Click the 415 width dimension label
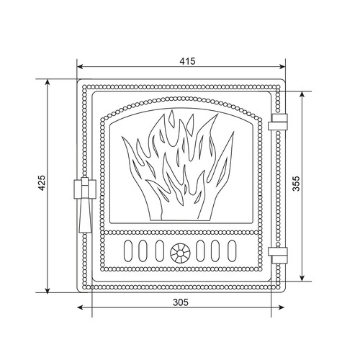(x=187, y=61)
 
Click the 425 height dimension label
(x=42, y=183)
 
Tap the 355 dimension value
(x=297, y=184)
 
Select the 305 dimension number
(x=181, y=302)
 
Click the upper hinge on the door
(x=278, y=122)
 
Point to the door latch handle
(x=85, y=204)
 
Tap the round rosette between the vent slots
(x=180, y=252)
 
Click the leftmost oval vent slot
(x=128, y=251)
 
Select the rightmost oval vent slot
(x=232, y=251)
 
